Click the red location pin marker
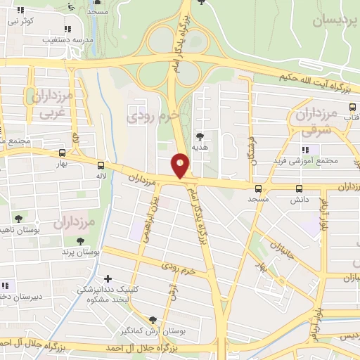(181, 165)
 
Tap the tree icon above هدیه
(200, 137)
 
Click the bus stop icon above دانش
(300, 188)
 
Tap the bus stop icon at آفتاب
(353, 109)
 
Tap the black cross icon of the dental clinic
(107, 278)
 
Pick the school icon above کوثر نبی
(20, 11)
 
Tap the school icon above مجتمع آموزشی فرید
(304, 150)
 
